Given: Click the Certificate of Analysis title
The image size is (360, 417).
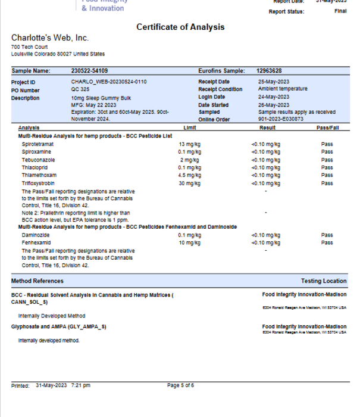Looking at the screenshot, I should (180, 27).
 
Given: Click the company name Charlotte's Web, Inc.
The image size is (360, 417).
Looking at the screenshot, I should (50, 38).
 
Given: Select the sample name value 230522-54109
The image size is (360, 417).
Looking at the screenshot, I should (89, 71).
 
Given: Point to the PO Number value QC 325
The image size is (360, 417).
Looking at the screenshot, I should (80, 89).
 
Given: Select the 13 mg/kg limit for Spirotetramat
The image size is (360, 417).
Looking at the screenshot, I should (190, 144).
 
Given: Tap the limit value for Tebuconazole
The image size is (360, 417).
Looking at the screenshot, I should (190, 160).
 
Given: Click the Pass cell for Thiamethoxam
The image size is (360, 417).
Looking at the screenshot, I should (327, 175).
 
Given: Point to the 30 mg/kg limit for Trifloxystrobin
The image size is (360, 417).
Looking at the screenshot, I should (190, 183).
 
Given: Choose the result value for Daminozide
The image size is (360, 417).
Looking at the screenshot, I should (265, 235).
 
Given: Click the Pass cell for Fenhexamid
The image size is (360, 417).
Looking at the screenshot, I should (327, 243).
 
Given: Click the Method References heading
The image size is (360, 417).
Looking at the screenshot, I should (37, 281).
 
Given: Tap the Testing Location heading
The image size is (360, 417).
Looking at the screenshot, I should (323, 281).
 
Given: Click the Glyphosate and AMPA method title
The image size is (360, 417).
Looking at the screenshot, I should (59, 327).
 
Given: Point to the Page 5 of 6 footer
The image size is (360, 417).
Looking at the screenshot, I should (180, 385).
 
